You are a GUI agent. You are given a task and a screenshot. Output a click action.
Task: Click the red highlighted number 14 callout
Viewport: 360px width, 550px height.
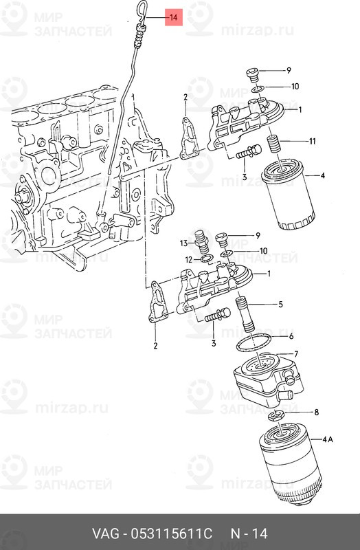(174, 17)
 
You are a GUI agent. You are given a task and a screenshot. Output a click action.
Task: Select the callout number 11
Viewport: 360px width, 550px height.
(312, 141)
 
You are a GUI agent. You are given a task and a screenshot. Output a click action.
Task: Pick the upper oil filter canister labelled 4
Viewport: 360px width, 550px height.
(289, 197)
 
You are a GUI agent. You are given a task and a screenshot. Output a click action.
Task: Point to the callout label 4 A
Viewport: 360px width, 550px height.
(328, 439)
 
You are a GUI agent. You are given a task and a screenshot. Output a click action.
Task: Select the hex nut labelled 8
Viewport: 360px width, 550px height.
(276, 416)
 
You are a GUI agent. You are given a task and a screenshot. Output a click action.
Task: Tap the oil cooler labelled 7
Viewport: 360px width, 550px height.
(269, 380)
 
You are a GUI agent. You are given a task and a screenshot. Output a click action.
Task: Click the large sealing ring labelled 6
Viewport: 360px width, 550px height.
(254, 344)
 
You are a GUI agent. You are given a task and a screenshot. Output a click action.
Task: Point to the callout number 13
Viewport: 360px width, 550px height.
(184, 243)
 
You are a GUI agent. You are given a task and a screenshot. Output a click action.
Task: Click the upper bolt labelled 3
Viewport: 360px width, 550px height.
(248, 153)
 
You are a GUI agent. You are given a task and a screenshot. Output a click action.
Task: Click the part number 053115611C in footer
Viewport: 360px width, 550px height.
(171, 534)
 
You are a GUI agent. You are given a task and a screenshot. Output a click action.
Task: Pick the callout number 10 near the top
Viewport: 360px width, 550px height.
(295, 87)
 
